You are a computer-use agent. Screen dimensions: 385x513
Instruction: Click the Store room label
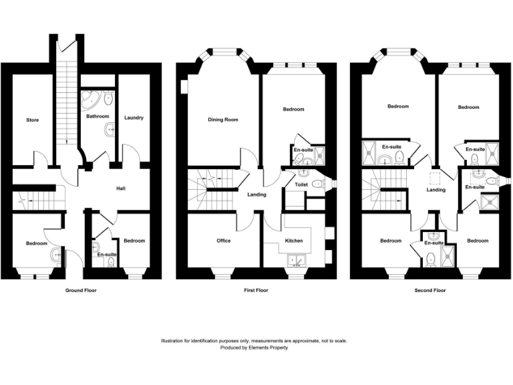click(x=32, y=120)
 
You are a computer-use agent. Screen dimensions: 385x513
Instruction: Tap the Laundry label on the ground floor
click(x=134, y=118)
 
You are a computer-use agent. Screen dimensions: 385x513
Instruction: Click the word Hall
click(x=121, y=189)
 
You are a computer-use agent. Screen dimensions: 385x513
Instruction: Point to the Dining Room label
click(x=222, y=120)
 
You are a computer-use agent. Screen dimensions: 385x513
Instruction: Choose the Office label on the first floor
click(x=223, y=241)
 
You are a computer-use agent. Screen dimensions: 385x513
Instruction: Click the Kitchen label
click(x=294, y=241)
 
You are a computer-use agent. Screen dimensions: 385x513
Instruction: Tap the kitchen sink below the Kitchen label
click(x=294, y=260)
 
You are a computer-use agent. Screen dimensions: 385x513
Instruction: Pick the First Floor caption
click(x=254, y=291)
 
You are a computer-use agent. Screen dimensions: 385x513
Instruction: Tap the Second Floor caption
click(x=431, y=291)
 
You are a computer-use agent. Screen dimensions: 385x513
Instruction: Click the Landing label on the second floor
click(x=436, y=190)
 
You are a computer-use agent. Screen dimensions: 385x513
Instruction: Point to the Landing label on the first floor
click(x=256, y=195)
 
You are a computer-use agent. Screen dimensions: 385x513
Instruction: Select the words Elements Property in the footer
click(x=269, y=348)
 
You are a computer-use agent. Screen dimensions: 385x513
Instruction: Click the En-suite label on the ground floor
click(x=106, y=255)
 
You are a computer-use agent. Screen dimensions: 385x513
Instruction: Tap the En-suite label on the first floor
click(x=303, y=150)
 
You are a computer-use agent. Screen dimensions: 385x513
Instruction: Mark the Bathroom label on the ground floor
click(x=98, y=116)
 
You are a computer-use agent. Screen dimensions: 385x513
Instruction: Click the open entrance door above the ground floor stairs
click(x=63, y=45)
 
